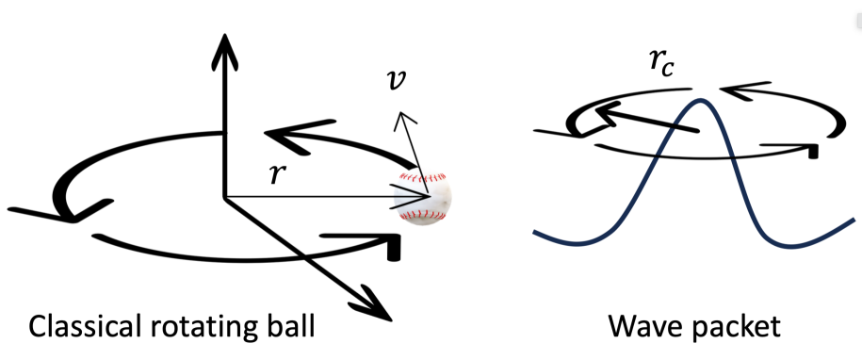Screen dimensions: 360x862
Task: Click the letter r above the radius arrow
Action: (x=274, y=174)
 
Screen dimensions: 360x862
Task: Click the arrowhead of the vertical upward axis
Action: (x=224, y=43)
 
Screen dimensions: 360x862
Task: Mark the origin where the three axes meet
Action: (x=224, y=196)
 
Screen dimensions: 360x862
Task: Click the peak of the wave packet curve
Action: (x=697, y=100)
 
